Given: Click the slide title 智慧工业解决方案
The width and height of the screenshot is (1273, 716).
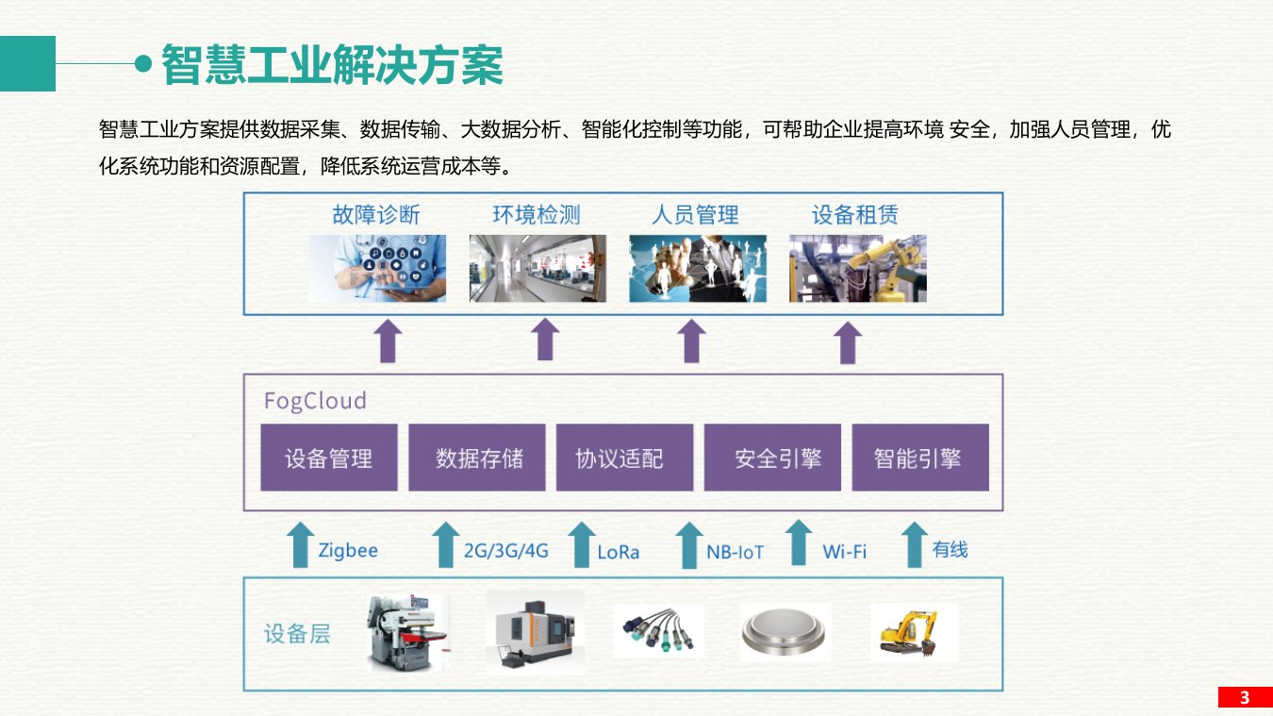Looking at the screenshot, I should click(332, 65).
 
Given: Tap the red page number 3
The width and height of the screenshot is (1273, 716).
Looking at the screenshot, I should click(1245, 698).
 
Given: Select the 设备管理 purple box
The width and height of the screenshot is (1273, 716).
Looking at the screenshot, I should click(329, 458).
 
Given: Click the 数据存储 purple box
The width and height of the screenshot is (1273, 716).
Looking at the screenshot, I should click(477, 458).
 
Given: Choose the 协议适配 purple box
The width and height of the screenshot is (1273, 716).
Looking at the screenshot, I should click(624, 458).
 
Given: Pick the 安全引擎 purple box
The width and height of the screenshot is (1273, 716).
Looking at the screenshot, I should click(772, 458).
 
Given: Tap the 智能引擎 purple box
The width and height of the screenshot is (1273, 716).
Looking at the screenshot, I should click(919, 458).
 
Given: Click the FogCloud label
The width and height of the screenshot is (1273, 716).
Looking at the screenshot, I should click(315, 401).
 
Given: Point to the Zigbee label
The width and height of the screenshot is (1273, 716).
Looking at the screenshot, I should click(348, 550).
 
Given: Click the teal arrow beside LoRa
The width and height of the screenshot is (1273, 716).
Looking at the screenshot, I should click(582, 545).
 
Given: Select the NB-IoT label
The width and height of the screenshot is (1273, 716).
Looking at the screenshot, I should click(736, 552).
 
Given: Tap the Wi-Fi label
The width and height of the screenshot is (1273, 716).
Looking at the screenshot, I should click(844, 551).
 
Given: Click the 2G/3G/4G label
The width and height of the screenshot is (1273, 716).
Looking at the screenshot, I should click(506, 551).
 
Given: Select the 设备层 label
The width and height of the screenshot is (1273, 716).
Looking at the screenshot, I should click(297, 633).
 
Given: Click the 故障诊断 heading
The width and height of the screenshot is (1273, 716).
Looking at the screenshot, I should click(376, 215).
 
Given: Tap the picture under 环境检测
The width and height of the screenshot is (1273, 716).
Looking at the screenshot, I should click(537, 269).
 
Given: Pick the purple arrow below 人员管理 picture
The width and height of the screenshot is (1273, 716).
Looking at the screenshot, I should click(692, 341).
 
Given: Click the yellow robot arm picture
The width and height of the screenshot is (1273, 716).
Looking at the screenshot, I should click(857, 269).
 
